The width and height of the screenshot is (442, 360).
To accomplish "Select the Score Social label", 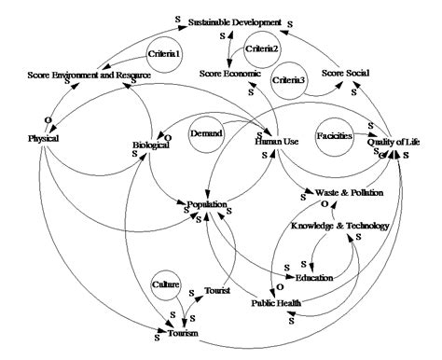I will pyautogui.click(x=346, y=74).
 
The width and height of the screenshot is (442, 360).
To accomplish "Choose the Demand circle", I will pyautogui.click(x=206, y=134).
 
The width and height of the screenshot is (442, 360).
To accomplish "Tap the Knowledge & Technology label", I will pyautogui.click(x=340, y=226).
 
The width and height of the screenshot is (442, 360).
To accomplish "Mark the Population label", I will pyautogui.click(x=206, y=204).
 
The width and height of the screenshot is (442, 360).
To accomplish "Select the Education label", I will pyautogui.click(x=313, y=278).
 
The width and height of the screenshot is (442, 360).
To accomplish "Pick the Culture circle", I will pyautogui.click(x=166, y=283).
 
